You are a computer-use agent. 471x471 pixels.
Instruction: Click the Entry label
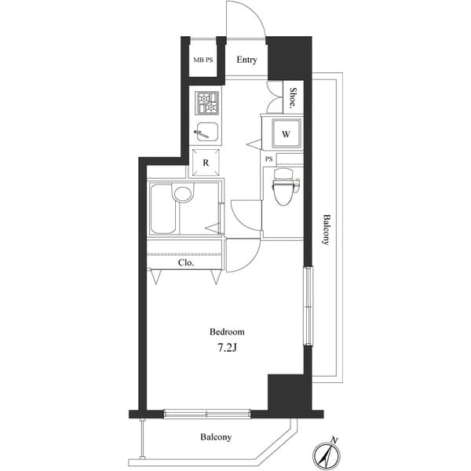246,60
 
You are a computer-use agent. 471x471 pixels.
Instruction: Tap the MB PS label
203,60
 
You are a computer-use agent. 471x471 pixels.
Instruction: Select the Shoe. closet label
293,97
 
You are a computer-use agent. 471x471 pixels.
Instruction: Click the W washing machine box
286,134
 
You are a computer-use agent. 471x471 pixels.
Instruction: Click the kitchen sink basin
207,132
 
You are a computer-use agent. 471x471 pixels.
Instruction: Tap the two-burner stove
207,102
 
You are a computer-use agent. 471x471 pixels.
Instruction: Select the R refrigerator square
206,162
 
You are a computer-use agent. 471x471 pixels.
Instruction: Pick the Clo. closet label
185,263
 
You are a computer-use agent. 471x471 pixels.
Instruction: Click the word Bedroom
226,332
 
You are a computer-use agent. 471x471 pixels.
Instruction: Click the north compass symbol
326,453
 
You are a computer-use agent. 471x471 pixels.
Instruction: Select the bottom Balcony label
215,437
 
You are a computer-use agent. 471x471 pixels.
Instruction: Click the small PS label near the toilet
268,159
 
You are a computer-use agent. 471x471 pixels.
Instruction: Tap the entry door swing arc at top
245,20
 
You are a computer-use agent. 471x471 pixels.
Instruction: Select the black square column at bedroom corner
285,392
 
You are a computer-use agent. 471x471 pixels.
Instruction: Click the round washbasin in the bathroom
183,194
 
